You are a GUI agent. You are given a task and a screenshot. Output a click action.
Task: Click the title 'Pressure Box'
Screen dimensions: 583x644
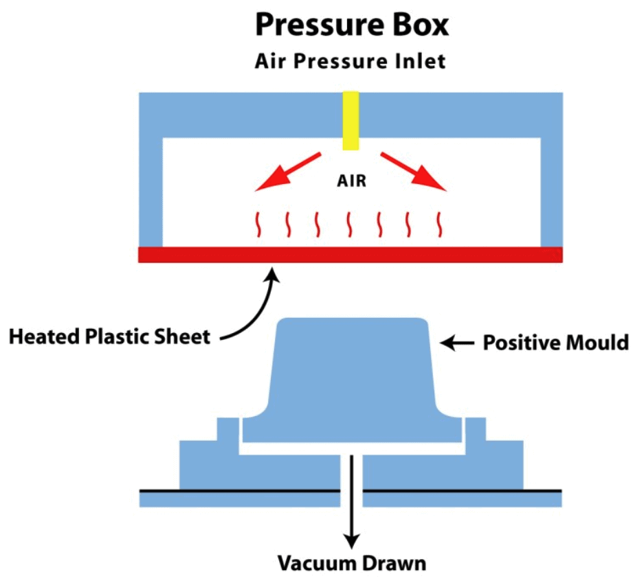point(351,25)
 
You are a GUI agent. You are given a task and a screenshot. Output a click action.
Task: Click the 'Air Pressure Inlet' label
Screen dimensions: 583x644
point(351,61)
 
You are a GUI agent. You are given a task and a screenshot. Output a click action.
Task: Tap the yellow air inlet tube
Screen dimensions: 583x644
point(351,120)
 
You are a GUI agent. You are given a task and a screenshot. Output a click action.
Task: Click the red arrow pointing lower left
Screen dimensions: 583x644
point(286,171)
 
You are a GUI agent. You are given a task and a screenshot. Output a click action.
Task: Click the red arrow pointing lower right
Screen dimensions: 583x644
point(414,170)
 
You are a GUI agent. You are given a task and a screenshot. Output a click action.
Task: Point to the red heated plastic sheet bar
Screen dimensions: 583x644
point(351,255)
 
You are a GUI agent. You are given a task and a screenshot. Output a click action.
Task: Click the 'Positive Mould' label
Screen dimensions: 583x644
point(555,343)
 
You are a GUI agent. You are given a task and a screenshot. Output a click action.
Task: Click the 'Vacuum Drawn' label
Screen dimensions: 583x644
point(352,564)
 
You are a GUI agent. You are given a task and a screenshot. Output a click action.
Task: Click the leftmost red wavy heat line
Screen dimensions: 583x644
point(259,224)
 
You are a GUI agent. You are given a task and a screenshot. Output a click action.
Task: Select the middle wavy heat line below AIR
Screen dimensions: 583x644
point(349,224)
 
